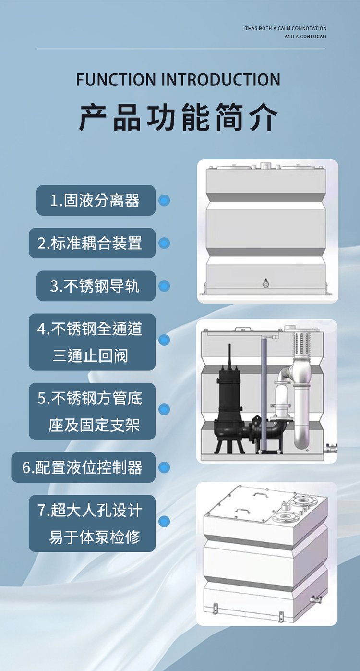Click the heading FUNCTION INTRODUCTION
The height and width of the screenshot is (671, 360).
click(x=178, y=80)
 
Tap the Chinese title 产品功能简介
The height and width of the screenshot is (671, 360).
click(x=178, y=117)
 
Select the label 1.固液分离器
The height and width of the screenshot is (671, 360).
click(x=95, y=200)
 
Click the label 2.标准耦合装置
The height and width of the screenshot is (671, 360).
click(x=90, y=243)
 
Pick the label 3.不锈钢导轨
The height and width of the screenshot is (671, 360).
click(x=95, y=286)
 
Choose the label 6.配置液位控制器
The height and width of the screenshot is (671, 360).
click(x=82, y=467)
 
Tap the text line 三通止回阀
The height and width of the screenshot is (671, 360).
click(x=90, y=355)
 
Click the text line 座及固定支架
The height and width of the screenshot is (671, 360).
click(x=94, y=425)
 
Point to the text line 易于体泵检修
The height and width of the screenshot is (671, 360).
click(x=95, y=537)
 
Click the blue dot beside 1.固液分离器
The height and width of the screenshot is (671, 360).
click(x=164, y=200)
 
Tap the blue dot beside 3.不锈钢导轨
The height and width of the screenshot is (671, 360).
click(x=164, y=286)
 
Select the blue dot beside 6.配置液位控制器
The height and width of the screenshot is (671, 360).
click(x=164, y=467)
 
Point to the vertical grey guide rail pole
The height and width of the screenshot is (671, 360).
click(x=264, y=395)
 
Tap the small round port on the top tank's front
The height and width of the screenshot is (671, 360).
click(x=266, y=283)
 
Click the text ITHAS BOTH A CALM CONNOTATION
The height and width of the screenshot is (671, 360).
click(x=285, y=28)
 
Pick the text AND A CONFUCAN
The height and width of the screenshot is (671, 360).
click(x=305, y=37)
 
